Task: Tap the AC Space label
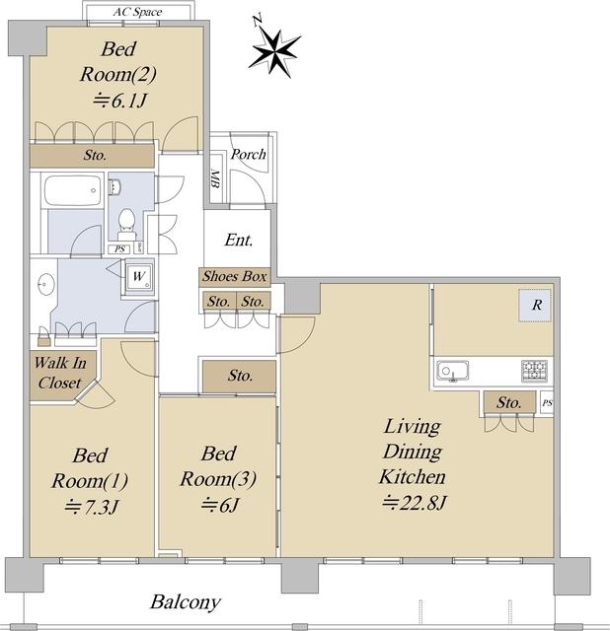137,12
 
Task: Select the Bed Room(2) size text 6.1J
119,101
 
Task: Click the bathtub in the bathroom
73,190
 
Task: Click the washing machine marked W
138,276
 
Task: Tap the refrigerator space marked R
535,305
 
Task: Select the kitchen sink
453,371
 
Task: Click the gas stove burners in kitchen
534,371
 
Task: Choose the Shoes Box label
235,276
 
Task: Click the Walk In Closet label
60,373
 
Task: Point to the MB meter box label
215,179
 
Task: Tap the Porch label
248,154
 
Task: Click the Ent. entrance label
239,240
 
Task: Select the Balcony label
186,602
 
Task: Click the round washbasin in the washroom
45,284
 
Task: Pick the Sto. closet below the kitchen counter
509,402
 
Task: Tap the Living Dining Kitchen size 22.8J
415,503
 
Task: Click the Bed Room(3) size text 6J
220,504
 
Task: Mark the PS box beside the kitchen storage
547,403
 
